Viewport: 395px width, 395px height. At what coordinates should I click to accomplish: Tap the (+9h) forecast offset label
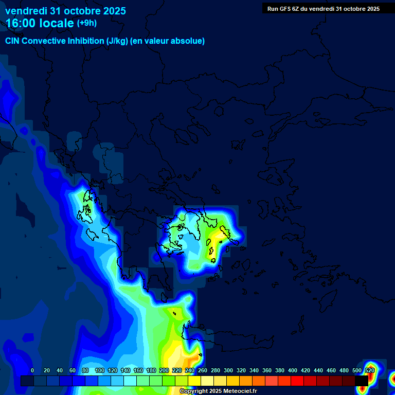tap(86, 23)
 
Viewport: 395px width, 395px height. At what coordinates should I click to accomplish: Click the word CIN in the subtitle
tap(13, 41)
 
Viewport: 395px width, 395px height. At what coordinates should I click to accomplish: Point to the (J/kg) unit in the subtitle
tap(117, 41)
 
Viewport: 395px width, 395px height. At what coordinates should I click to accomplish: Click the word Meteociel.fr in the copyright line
tap(236, 391)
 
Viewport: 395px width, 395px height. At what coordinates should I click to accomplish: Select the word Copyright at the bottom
tap(194, 391)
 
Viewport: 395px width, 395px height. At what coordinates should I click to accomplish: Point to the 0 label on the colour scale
tap(32, 371)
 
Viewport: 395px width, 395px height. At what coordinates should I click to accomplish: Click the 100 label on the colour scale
tap(100, 371)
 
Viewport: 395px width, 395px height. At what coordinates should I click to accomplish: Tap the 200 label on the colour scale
tap(164, 371)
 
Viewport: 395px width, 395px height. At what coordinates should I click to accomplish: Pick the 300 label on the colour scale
tap(228, 371)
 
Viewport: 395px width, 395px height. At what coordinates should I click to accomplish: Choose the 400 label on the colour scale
tap(293, 371)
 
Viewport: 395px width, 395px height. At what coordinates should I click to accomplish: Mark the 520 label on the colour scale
tap(370, 371)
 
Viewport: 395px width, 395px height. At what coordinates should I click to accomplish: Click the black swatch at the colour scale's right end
tap(362, 381)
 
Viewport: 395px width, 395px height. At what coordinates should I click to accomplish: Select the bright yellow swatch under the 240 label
tap(194, 381)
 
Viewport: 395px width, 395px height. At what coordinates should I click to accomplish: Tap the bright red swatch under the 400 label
tap(297, 381)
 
